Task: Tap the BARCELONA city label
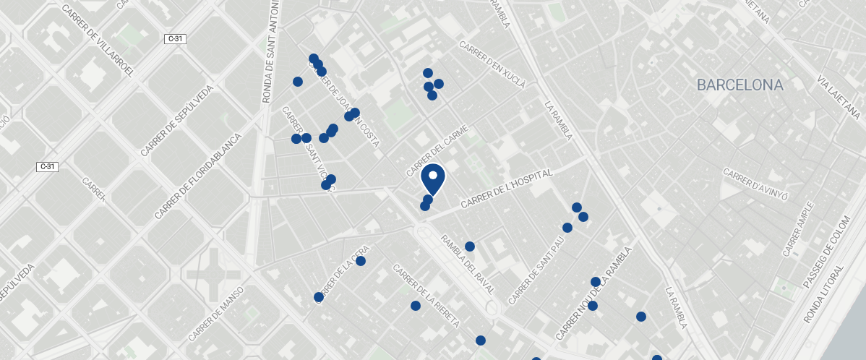tap(739, 85)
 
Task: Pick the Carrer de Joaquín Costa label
tap(346, 106)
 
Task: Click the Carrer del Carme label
tap(438, 150)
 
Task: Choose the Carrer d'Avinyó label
tap(755, 184)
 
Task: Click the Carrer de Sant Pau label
tap(536, 269)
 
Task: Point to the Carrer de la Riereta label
tap(426, 296)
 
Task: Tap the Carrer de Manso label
tap(216, 313)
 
